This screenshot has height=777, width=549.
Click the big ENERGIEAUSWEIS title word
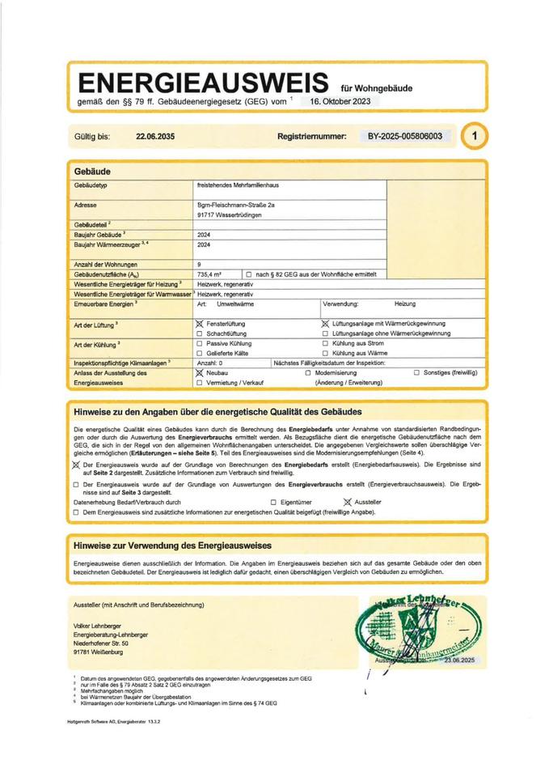[202, 83]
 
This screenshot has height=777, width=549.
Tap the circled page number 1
[475, 137]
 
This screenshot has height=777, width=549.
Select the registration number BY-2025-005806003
[404, 137]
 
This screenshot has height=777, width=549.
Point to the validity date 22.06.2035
[155, 137]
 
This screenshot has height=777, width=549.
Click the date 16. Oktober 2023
[340, 102]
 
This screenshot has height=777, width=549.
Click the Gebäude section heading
[91, 172]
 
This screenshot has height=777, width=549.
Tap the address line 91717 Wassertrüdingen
[229, 215]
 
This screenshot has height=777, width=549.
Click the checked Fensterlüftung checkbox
[200, 323]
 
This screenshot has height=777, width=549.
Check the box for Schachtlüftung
[200, 333]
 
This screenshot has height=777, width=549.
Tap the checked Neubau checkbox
[200, 373]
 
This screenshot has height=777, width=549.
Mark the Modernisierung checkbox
[308, 373]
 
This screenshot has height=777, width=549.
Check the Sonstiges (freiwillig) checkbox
[416, 373]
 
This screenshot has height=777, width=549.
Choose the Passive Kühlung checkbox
[200, 343]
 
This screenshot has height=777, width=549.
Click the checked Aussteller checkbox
[348, 502]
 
